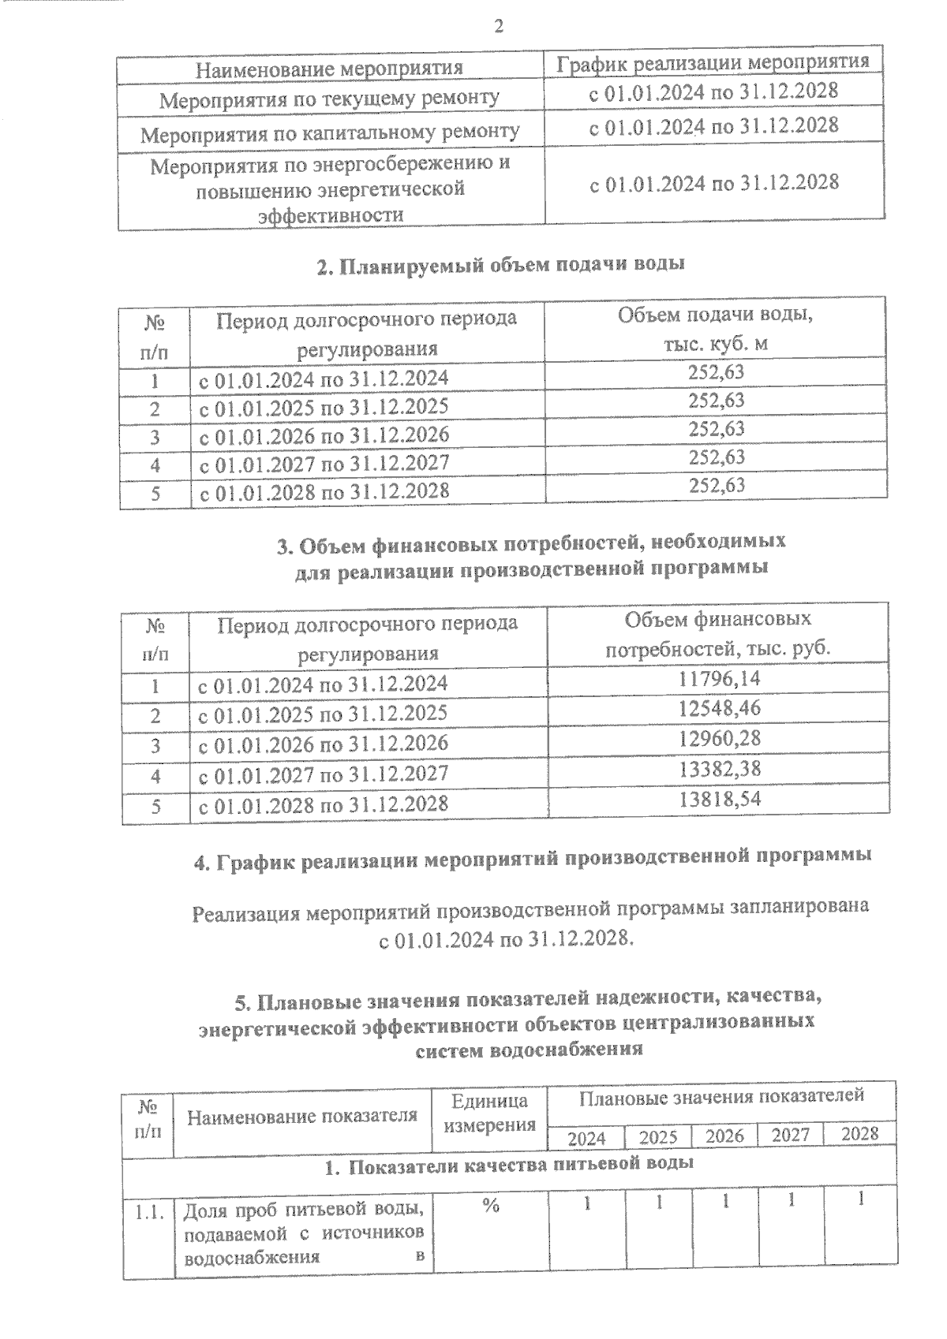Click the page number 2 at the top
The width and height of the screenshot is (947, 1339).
coord(498,27)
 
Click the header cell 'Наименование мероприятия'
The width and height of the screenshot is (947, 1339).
coord(329,68)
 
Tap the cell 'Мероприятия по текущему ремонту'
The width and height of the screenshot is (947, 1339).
coord(329,99)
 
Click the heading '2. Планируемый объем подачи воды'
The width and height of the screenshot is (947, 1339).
coord(500,265)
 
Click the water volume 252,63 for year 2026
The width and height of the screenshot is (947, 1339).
coord(717,429)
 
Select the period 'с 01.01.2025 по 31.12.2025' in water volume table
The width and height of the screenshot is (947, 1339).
coord(324,407)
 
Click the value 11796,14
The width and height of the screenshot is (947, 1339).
coord(719,678)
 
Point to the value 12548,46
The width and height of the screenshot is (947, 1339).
coord(719,708)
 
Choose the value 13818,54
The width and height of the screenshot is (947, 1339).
coord(719,799)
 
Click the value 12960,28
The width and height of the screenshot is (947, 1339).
coord(719,739)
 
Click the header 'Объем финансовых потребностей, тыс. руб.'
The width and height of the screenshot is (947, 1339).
coord(717,635)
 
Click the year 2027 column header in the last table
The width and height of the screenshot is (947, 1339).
coord(790,1136)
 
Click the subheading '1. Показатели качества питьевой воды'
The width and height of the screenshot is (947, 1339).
coord(509,1164)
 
